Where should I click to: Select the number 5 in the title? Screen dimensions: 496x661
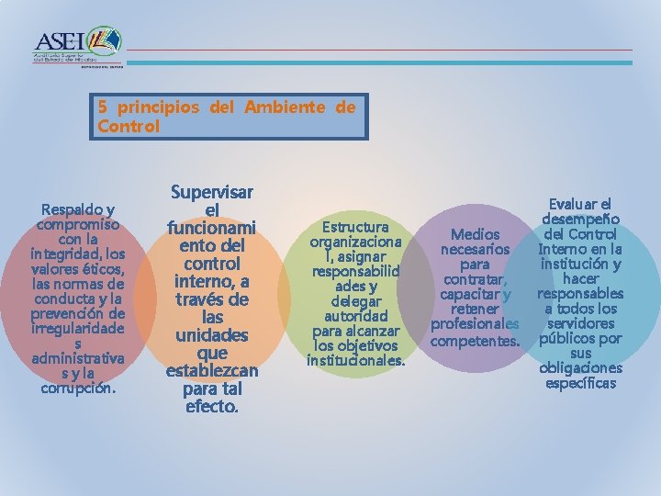103,107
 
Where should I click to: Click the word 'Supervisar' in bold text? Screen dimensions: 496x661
212,192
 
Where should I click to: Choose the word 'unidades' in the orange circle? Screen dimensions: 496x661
212,333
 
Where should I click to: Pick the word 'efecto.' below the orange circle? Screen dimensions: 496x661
212,405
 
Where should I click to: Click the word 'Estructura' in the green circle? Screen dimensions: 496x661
356,227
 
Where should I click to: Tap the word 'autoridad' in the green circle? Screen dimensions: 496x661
356,315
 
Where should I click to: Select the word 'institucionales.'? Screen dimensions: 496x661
356,360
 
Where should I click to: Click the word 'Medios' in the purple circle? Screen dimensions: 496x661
476,234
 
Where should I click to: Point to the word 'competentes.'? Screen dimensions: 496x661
476,342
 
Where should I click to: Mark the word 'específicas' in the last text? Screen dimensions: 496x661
580,382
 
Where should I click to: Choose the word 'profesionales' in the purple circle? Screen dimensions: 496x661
476,324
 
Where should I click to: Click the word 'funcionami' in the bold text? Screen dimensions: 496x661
212,227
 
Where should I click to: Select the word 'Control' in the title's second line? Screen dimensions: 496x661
129,126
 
